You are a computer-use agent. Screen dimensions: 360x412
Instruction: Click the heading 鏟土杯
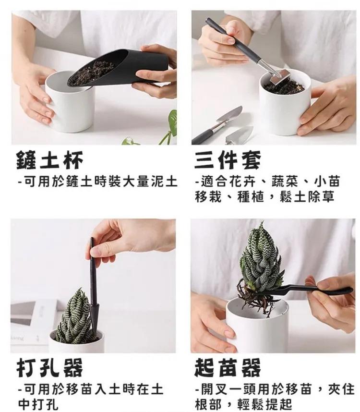49,160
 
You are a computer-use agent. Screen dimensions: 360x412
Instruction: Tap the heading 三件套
228,160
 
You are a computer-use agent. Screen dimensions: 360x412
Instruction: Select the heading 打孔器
49,368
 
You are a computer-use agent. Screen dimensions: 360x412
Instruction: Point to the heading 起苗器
228,367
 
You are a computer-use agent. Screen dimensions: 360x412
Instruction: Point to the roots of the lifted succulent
253,297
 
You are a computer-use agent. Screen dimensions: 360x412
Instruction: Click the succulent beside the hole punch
75,318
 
